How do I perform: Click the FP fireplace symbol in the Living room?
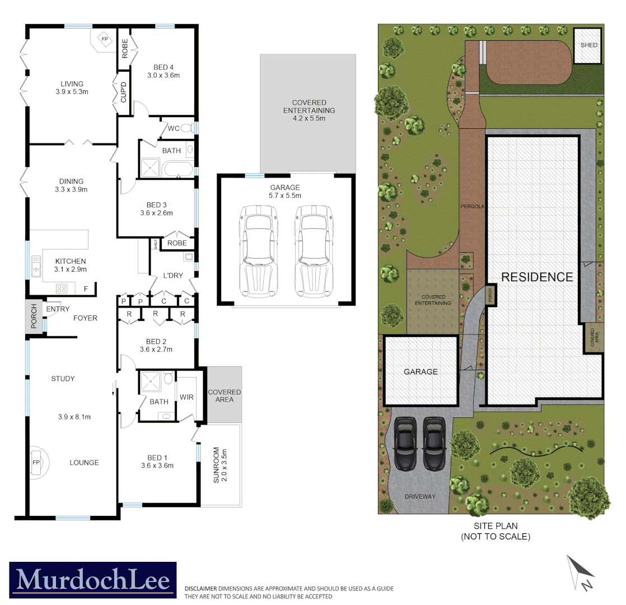coord(105,39)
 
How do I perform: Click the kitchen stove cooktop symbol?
coord(62,289)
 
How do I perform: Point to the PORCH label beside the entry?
coord(34,317)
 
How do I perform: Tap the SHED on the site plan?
coord(588,45)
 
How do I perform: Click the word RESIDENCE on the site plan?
coord(536,277)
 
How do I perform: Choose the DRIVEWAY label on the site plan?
coord(420,496)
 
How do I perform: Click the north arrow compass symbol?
coord(580,573)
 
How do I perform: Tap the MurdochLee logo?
coord(93,580)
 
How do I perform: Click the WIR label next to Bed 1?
coord(186,397)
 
